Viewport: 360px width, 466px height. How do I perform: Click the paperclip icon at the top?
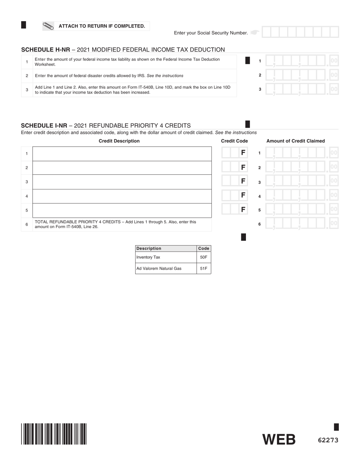click(x=48, y=26)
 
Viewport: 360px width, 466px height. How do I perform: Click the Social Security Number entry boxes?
click(x=300, y=32)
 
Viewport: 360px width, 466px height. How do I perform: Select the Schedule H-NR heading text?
click(x=123, y=50)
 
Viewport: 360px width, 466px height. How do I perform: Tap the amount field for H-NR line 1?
click(x=301, y=61)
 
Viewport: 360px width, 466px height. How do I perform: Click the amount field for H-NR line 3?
click(x=301, y=89)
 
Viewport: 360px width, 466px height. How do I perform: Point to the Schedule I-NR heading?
click(x=106, y=125)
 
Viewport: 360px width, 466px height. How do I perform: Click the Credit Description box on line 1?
click(x=122, y=153)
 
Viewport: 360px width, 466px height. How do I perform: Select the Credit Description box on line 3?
click(x=122, y=182)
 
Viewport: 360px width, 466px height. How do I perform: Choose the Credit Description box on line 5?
click(x=122, y=210)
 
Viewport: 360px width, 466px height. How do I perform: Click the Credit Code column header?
click(x=234, y=141)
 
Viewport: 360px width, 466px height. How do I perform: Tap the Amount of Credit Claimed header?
click(x=296, y=141)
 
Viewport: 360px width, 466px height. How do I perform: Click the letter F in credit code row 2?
click(x=243, y=167)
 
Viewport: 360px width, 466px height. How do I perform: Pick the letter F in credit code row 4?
click(x=243, y=195)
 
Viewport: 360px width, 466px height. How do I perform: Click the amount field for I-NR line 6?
click(x=301, y=224)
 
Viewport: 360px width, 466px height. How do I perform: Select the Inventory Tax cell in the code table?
click(x=166, y=257)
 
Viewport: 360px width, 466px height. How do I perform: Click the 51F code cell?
click(x=203, y=269)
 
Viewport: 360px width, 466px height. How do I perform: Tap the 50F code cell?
click(x=203, y=257)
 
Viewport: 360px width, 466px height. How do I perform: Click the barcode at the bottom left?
click(x=54, y=434)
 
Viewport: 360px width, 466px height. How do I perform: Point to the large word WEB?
click(x=279, y=439)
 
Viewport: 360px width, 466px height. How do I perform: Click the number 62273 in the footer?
click(x=328, y=440)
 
